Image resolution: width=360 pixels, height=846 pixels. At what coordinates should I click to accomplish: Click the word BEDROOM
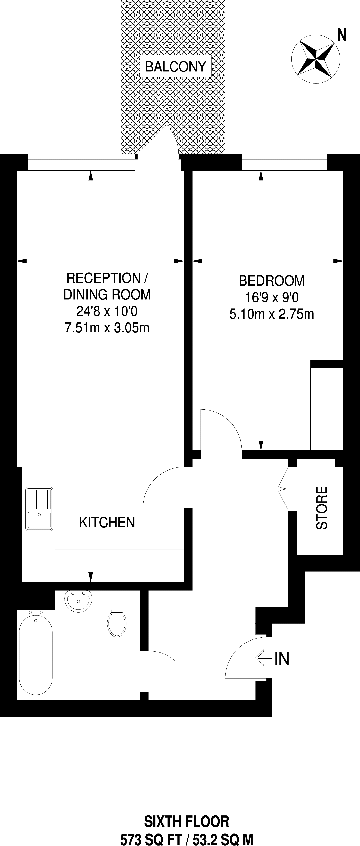(x=272, y=281)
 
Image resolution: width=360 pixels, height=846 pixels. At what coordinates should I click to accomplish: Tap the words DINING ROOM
(x=107, y=294)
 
